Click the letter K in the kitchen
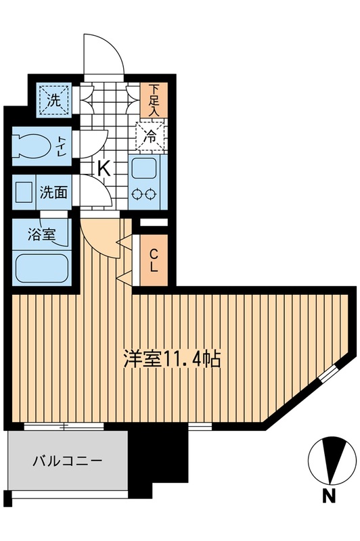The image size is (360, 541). point(104,168)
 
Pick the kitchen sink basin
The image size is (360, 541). point(145,168)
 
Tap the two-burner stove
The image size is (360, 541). point(145,194)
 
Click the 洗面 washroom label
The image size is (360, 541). point(53,192)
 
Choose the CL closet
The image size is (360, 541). point(154,260)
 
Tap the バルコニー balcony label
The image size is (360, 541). point(68,462)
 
